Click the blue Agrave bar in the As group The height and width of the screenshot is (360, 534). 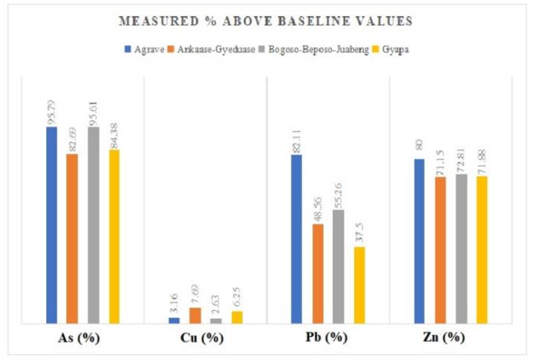pos(52,225)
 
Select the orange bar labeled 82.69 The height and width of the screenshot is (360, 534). pos(72,239)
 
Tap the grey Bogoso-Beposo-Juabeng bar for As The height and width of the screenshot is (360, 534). pos(93,225)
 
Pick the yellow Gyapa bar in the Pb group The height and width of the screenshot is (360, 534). pos(359,285)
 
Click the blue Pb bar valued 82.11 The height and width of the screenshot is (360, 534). pos(297,239)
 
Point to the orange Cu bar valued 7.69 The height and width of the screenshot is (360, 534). pos(195,316)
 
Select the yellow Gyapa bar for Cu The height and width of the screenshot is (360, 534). pos(236,317)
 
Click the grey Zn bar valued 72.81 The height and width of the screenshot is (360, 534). pos(462,249)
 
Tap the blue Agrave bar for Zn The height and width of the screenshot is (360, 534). pos(420,241)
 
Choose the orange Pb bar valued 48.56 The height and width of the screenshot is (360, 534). pos(318,274)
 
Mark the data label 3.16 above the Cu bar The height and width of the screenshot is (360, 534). pos(175,306)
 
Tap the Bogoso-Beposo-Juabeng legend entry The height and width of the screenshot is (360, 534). pos(322,49)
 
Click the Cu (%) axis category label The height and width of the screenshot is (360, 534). pos(206,338)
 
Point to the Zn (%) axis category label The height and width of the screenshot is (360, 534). pos(451,338)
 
